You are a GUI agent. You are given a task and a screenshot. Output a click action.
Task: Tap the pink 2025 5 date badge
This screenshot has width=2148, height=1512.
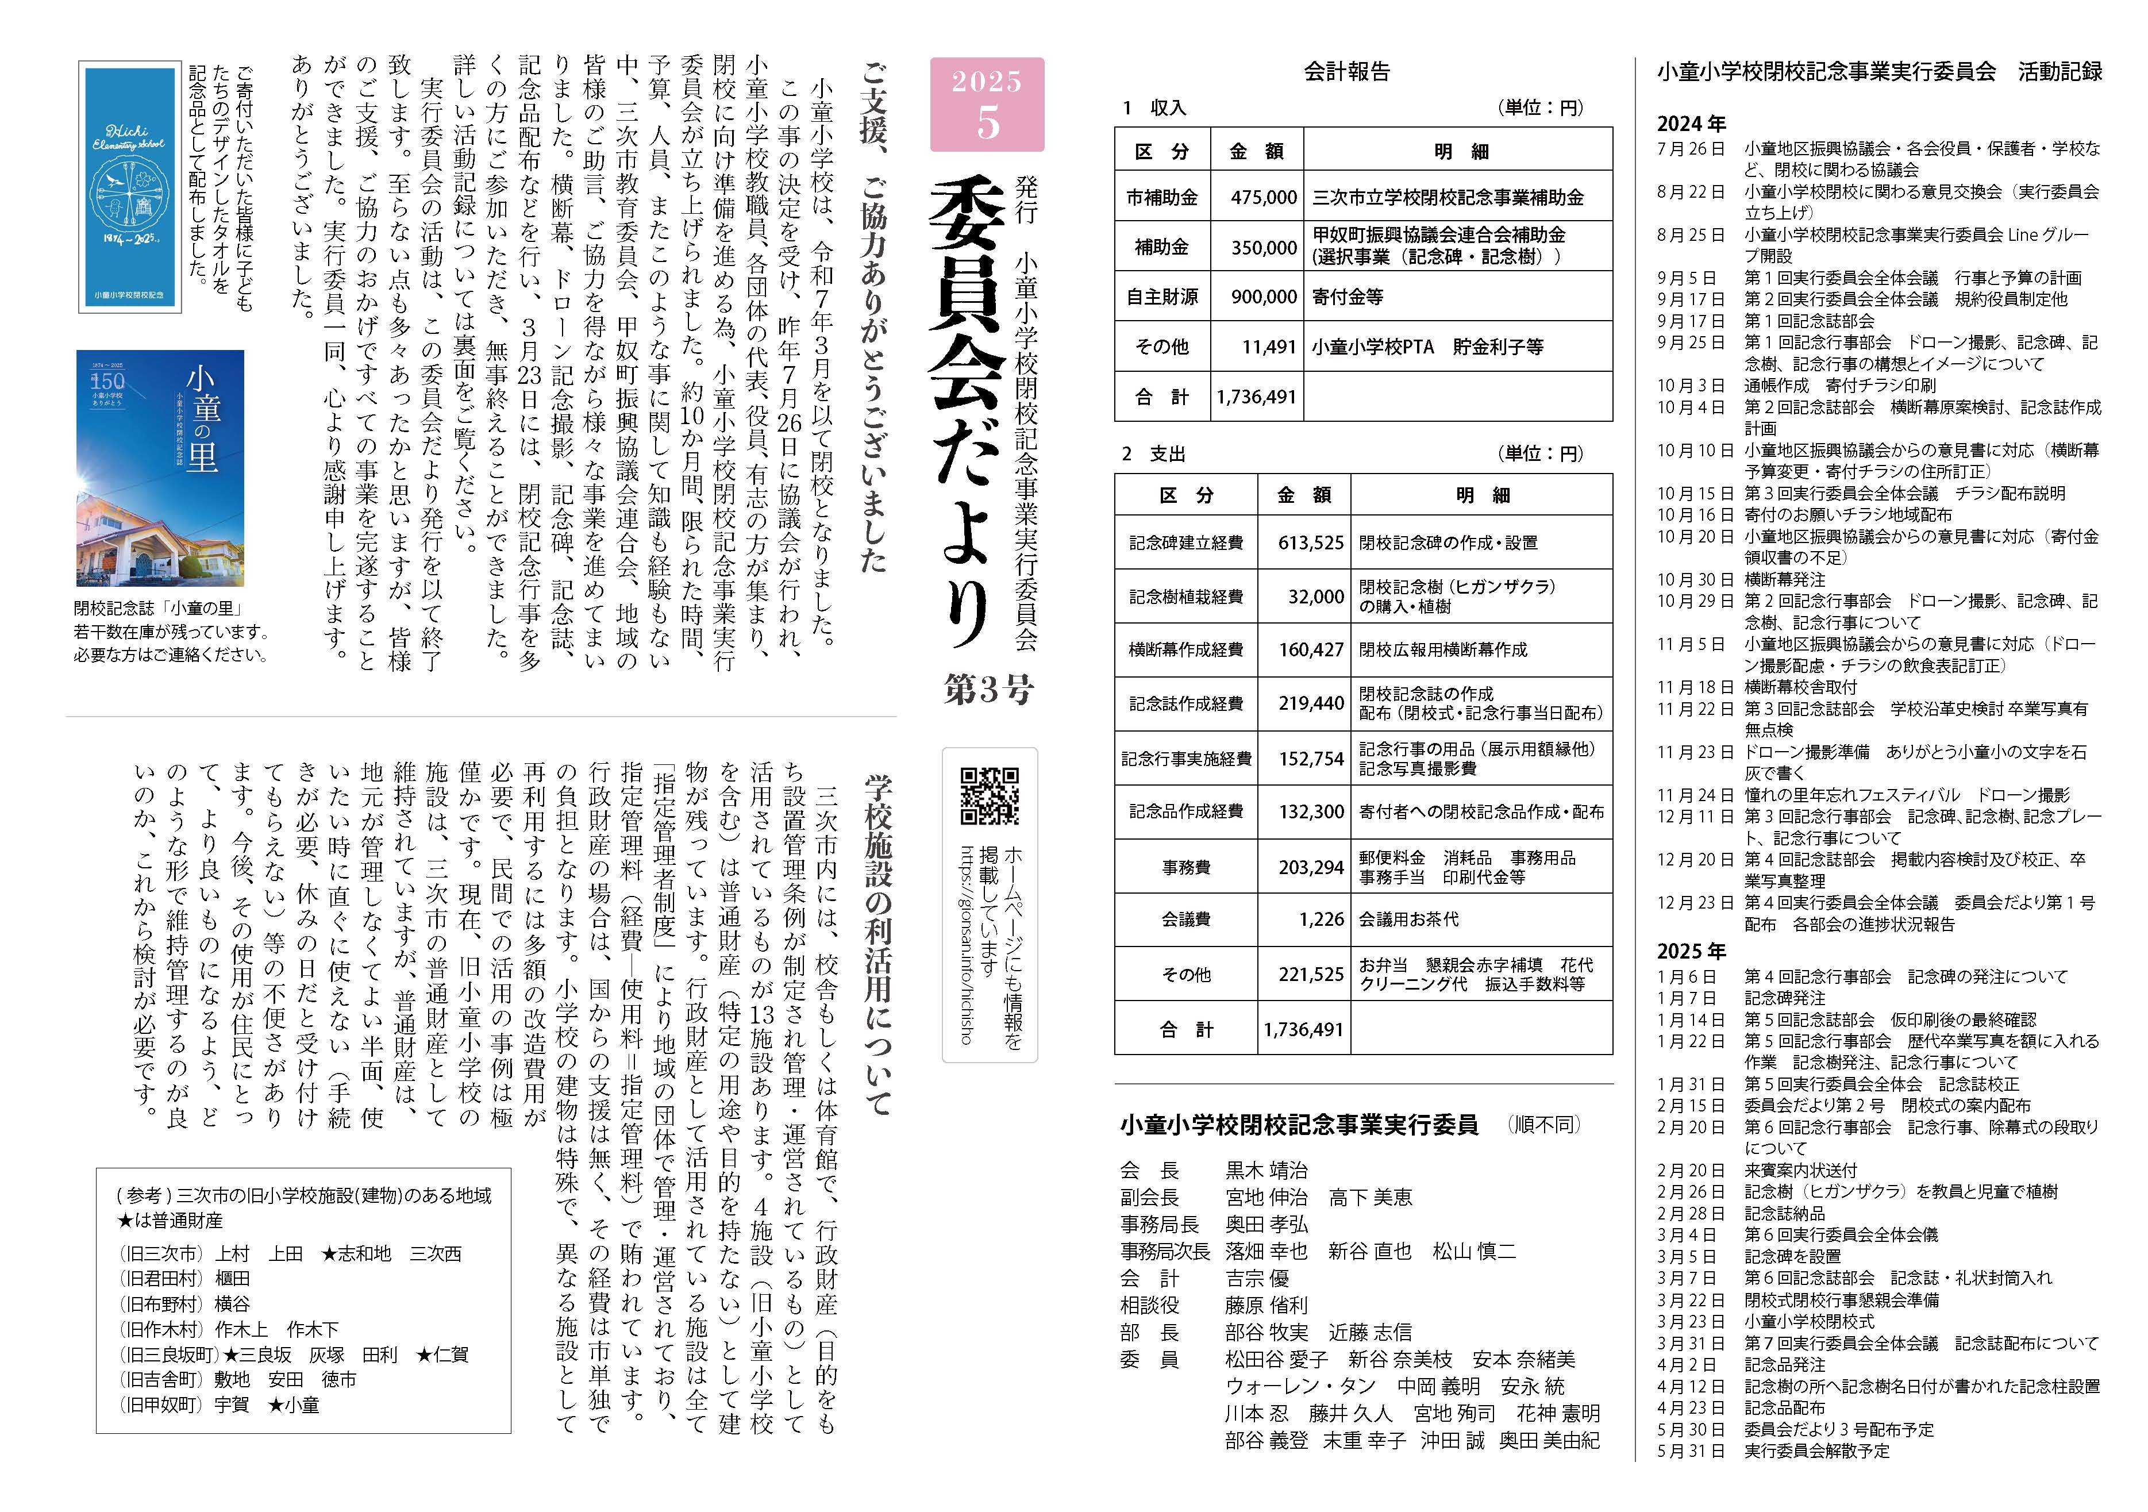click(987, 104)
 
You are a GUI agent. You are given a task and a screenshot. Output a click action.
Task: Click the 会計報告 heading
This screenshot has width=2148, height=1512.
click(1346, 71)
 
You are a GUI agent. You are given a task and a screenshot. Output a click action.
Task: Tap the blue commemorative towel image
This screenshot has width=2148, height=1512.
click(130, 187)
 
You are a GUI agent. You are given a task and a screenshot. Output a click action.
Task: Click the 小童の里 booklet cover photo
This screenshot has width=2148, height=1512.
click(160, 468)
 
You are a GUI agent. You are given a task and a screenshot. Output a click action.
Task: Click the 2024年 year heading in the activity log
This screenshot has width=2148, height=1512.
click(1691, 124)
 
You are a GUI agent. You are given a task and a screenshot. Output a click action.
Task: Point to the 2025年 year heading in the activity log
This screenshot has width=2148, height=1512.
click(1691, 952)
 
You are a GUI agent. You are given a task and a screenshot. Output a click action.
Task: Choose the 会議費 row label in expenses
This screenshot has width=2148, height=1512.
click(1185, 919)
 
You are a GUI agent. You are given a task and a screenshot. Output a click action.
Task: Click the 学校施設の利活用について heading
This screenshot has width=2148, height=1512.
click(876, 945)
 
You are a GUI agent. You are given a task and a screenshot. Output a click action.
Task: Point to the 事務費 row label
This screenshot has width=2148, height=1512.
click(1185, 867)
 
